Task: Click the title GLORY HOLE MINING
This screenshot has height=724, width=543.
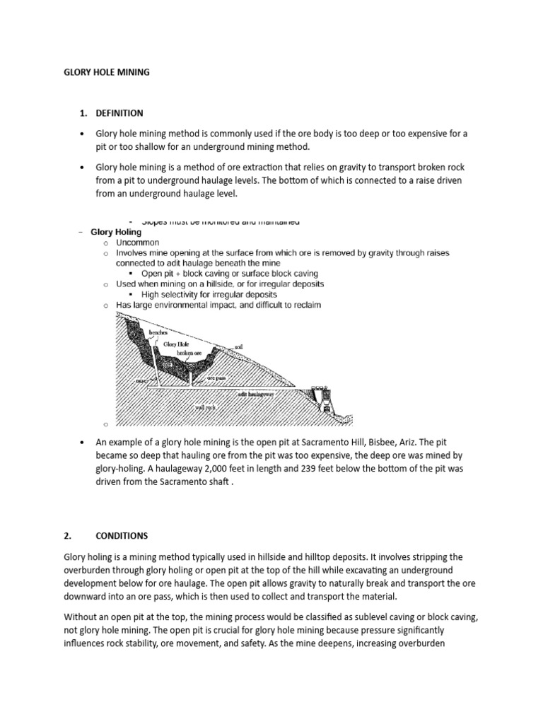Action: (x=106, y=72)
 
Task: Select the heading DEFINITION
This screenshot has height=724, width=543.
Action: (x=119, y=112)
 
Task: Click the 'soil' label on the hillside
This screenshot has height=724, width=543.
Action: (x=240, y=347)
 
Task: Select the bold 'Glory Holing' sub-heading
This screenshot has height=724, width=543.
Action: (x=117, y=232)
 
